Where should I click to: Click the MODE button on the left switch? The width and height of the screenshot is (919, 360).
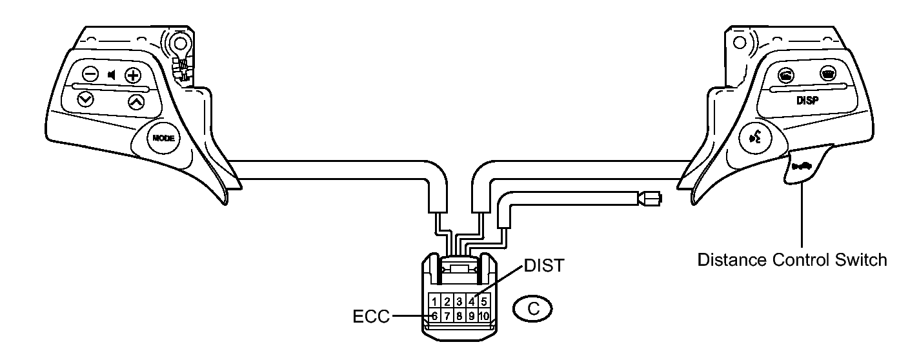point(163,138)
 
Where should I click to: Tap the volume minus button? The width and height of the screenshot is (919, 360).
point(90,74)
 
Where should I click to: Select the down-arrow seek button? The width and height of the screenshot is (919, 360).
point(86,99)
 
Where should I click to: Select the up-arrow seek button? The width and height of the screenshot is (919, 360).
point(136,102)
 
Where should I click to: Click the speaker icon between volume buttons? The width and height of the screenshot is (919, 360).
point(112,75)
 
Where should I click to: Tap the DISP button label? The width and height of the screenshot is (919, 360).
point(807,101)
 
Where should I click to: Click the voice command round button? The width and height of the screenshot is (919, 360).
point(755,138)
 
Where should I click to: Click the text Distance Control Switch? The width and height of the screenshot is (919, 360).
point(792,260)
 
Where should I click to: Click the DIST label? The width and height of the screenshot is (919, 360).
point(545,266)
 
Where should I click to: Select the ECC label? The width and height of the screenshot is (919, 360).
point(371,317)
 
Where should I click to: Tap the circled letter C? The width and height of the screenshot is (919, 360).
point(532,309)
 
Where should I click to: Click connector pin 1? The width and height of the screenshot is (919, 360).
point(434,301)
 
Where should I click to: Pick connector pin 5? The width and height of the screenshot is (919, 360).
point(484,301)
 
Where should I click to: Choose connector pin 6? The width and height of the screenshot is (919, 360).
point(434,315)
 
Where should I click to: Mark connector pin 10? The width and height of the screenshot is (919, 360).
point(484,315)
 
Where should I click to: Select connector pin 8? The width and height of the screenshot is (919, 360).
point(459,315)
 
